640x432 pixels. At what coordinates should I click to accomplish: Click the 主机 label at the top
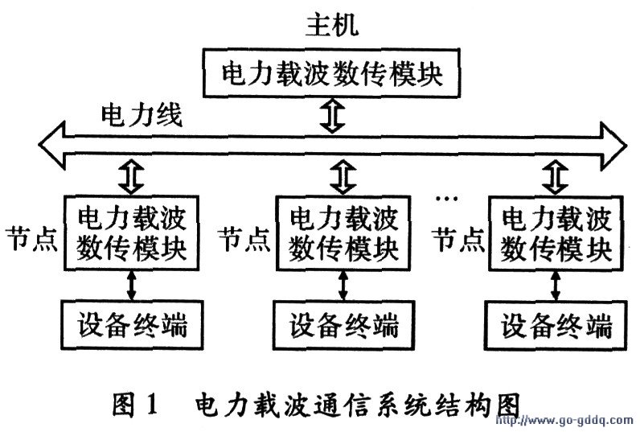332,25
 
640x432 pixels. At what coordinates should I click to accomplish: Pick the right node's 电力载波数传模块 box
556,232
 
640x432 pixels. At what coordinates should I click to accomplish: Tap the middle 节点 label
244,239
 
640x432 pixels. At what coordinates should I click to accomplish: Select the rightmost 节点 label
457,239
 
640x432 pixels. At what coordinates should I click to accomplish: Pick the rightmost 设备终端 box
556,326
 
